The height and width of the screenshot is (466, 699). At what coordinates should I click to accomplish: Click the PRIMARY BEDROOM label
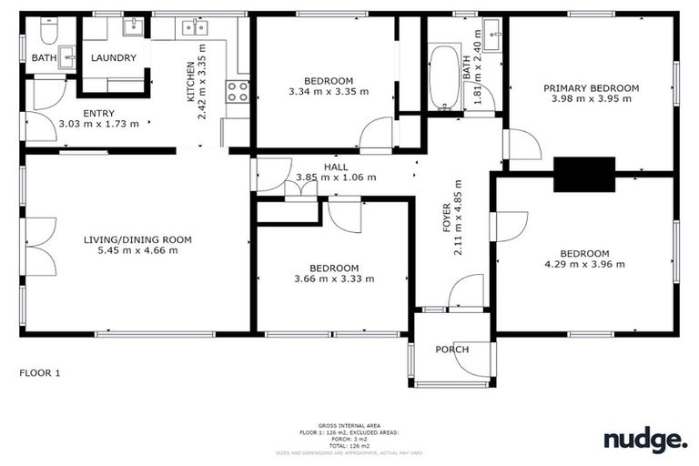pyautogui.click(x=591, y=88)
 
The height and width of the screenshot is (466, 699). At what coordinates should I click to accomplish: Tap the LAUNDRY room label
pyautogui.click(x=114, y=58)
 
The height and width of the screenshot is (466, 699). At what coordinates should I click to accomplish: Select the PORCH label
pyautogui.click(x=452, y=349)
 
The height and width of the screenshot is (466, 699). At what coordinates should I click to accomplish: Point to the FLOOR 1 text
pyautogui.click(x=40, y=373)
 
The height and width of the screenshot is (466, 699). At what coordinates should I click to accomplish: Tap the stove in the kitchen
pyautogui.click(x=238, y=91)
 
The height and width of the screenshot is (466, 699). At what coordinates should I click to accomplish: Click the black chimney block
pyautogui.click(x=583, y=174)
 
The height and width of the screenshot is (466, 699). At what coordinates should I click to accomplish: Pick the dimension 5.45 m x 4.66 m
pyautogui.click(x=137, y=251)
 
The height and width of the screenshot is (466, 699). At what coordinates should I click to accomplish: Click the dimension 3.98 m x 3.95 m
pyautogui.click(x=591, y=99)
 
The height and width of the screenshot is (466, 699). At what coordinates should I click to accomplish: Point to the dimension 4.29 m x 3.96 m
pyautogui.click(x=583, y=265)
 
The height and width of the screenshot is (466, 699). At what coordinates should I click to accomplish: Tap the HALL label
pyautogui.click(x=336, y=166)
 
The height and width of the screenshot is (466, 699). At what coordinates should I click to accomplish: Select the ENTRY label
pyautogui.click(x=99, y=113)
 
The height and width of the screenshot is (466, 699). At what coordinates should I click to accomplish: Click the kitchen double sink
pyautogui.click(x=194, y=27)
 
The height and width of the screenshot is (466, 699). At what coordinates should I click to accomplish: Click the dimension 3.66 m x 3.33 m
pyautogui.click(x=333, y=279)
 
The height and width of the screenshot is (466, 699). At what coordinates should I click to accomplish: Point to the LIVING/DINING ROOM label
pyautogui.click(x=137, y=240)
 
